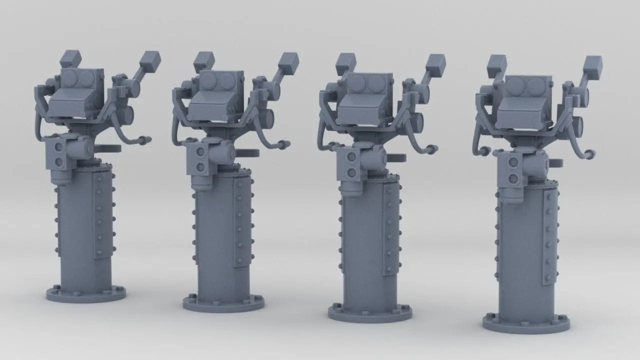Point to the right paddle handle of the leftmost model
point(150,61)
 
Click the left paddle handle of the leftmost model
point(70,58)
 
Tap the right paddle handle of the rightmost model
point(592,65)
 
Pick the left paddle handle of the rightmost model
point(496,64)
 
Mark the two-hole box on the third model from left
point(349,165)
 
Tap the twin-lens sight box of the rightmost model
point(528,87)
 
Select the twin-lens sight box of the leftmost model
point(80,78)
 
